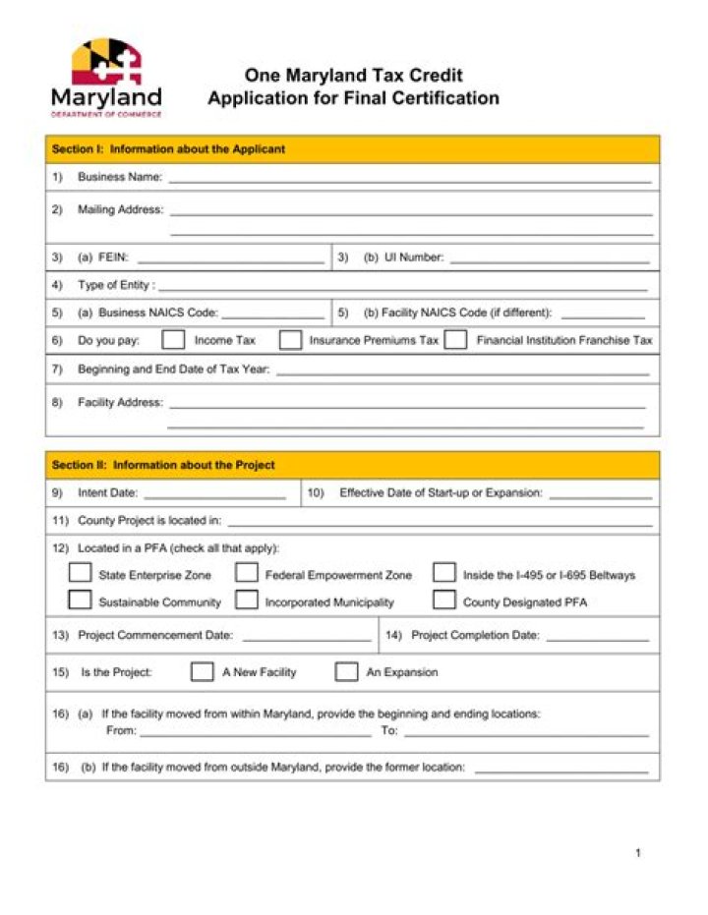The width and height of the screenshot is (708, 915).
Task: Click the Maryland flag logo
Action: pyautogui.click(x=106, y=61)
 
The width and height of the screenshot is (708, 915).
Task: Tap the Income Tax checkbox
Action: pyautogui.click(x=173, y=340)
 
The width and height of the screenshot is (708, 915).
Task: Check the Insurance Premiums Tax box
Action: pyautogui.click(x=290, y=340)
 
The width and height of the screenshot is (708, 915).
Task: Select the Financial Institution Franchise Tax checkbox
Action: pyautogui.click(x=454, y=340)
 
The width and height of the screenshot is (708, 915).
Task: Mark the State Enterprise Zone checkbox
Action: pyautogui.click(x=80, y=574)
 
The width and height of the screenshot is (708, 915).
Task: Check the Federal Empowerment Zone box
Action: pyautogui.click(x=247, y=574)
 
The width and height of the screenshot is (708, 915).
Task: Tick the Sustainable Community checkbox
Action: pyautogui.click(x=80, y=600)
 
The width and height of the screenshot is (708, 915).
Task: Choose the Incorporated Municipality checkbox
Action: pyautogui.click(x=247, y=600)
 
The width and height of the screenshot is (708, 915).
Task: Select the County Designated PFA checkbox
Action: pyautogui.click(x=444, y=600)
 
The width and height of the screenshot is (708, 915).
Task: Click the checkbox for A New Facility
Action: pyautogui.click(x=202, y=672)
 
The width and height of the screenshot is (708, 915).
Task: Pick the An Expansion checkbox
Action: pyautogui.click(x=346, y=672)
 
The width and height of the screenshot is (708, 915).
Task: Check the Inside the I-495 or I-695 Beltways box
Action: pyautogui.click(x=444, y=574)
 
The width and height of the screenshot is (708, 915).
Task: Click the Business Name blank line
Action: pyautogui.click(x=409, y=180)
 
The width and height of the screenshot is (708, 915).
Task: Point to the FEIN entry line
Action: pyautogui.click(x=230, y=260)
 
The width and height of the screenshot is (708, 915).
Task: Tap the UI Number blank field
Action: pyautogui.click(x=550, y=260)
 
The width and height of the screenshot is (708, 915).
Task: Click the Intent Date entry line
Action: pyautogui.click(x=214, y=495)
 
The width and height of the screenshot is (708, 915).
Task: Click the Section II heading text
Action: pyautogui.click(x=163, y=465)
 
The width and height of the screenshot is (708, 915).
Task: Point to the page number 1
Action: pyautogui.click(x=637, y=853)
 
